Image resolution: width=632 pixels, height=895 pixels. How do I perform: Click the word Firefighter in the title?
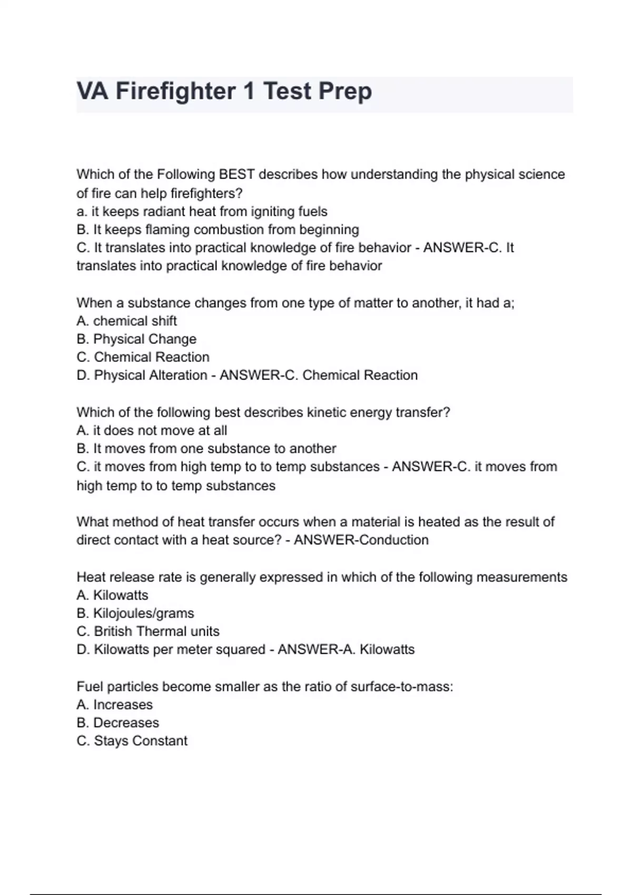175,91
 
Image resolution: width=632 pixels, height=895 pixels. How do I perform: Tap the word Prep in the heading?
345,91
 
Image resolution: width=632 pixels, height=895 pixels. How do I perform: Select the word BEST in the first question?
236,174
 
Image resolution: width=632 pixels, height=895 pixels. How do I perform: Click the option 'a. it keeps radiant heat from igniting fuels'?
202,212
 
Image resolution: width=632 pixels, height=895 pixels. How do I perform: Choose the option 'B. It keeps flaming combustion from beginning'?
218,230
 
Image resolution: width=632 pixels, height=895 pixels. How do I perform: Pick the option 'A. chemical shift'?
126,321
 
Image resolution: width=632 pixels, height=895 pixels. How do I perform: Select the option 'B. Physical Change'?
136,339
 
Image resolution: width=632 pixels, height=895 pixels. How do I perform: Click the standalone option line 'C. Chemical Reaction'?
143,357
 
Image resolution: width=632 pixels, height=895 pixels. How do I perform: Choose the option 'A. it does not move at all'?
152,431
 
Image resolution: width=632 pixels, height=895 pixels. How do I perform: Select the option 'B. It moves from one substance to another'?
206,449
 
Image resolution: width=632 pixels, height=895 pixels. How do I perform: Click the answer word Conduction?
394,540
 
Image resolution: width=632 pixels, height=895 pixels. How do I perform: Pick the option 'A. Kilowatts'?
112,595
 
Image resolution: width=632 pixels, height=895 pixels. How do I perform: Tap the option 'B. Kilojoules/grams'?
135,613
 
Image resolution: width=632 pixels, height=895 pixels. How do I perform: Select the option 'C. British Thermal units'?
148,631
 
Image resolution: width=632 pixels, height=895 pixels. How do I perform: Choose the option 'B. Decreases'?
117,723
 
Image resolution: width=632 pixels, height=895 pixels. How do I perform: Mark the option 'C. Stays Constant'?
132,741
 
